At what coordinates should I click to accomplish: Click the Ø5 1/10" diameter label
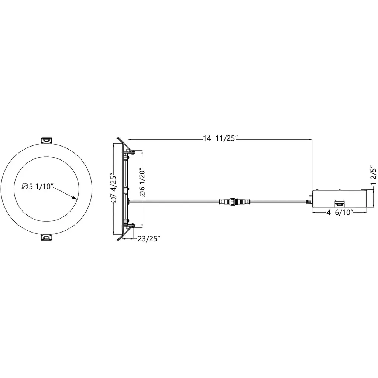(37, 186)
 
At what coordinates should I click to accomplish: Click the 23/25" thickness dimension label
(149, 239)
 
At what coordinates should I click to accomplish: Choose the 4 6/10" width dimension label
(340, 213)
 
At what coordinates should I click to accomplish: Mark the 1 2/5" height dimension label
(374, 175)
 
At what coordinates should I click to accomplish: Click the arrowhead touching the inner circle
(74, 197)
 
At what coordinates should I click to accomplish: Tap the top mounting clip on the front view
(46, 140)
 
